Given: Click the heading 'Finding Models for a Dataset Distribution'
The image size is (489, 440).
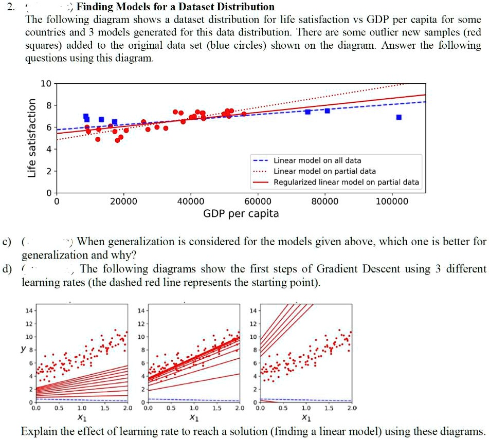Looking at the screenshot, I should [x=175, y=7].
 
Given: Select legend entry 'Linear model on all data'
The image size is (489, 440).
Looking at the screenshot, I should [x=317, y=160].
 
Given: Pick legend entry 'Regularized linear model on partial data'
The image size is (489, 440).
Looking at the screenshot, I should [x=346, y=182].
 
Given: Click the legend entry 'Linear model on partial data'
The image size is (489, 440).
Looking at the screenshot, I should [x=324, y=171].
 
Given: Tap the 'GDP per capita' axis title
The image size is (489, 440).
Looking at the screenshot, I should [x=241, y=213].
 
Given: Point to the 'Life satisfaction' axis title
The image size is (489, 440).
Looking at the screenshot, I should [x=32, y=137].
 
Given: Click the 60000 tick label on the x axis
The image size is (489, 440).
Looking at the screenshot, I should [x=258, y=201].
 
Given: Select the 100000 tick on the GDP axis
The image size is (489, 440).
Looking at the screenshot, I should [x=392, y=201].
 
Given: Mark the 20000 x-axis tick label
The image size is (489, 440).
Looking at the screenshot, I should [x=123, y=201].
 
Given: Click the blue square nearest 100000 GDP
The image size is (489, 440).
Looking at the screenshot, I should [x=399, y=117].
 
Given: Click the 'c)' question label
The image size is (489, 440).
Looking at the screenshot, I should [x=7, y=242].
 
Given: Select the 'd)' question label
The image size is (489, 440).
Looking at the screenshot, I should [x=7, y=269].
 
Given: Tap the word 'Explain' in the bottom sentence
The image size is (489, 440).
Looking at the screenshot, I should [x=38, y=431].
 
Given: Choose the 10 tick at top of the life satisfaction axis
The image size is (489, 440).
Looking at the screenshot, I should [x=45, y=83].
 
